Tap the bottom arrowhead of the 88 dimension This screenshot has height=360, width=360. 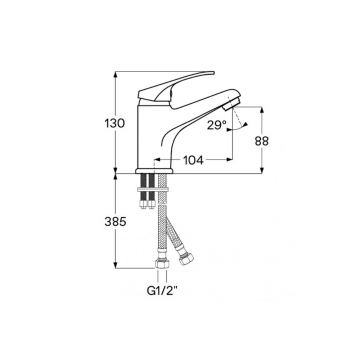click(x=262, y=172)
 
